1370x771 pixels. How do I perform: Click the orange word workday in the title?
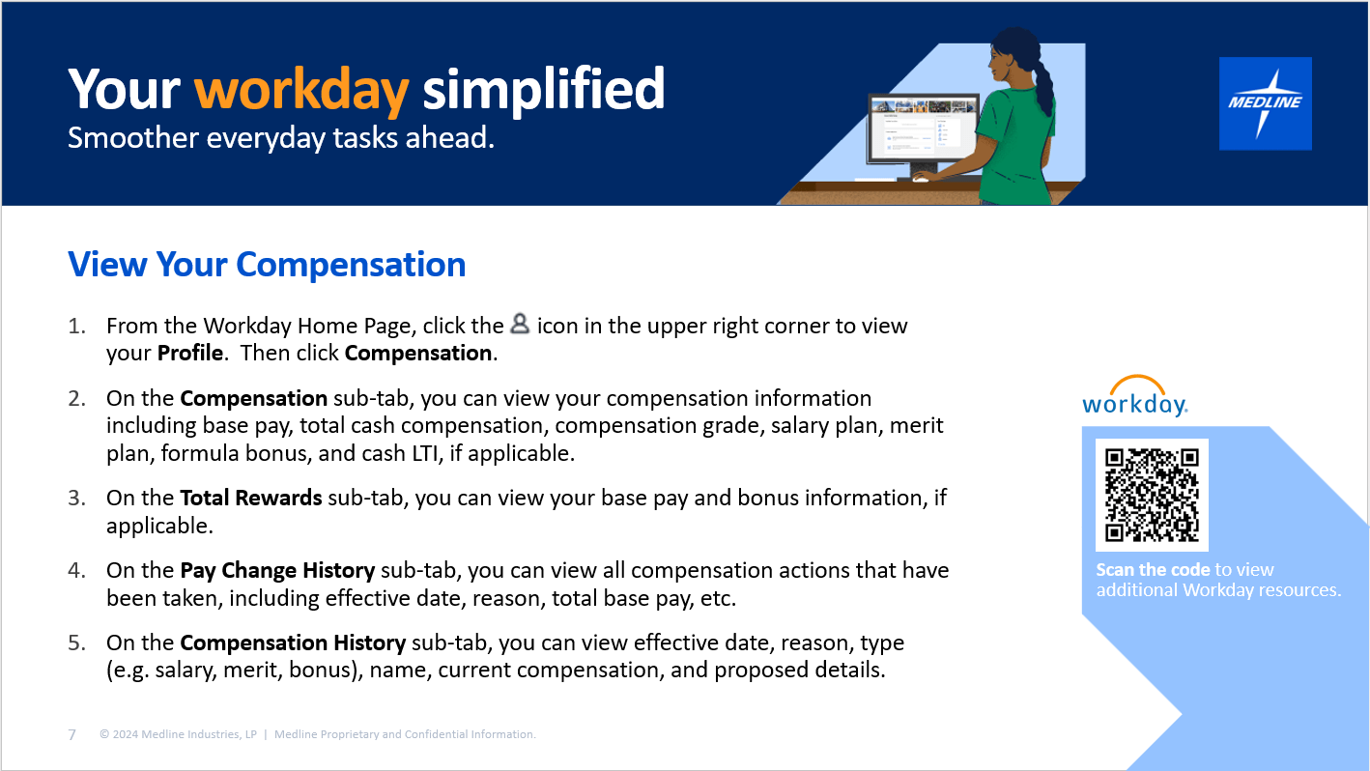click(301, 90)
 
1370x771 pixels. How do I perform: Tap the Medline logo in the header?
click(1265, 103)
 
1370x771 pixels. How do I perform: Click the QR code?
click(1152, 495)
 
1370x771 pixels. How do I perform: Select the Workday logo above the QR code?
click(1135, 397)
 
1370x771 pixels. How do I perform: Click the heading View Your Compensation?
click(267, 264)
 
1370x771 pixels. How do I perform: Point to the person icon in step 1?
click(520, 325)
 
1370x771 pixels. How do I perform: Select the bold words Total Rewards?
click(251, 498)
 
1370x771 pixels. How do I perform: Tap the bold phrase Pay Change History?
click(277, 570)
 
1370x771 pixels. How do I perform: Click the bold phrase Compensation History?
click(293, 642)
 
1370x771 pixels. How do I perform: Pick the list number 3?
click(76, 498)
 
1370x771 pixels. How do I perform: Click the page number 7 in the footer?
click(72, 734)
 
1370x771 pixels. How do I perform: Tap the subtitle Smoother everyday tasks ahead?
click(281, 138)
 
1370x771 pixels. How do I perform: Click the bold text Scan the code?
click(1153, 569)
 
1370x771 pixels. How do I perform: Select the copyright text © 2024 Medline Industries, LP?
click(178, 734)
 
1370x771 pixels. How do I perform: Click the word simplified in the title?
click(543, 90)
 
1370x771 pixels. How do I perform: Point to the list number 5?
click(76, 642)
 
